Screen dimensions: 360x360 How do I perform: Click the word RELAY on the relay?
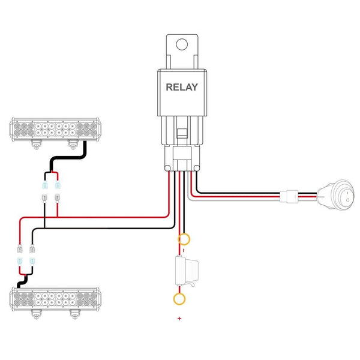tap(181, 86)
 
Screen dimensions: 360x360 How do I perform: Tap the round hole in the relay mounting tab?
tap(182, 43)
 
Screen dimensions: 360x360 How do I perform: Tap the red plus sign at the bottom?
tap(179, 318)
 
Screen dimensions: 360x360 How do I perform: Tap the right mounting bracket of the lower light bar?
tap(74, 314)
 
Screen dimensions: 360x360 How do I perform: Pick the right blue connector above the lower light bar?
tap(31, 261)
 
